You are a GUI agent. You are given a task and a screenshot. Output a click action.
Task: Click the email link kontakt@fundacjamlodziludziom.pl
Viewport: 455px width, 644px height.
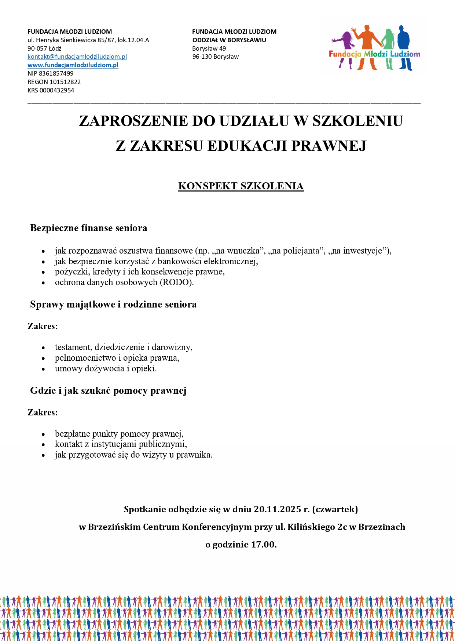pos(77,57)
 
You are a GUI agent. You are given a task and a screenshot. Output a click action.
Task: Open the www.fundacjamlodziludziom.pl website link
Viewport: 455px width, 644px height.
pos(73,65)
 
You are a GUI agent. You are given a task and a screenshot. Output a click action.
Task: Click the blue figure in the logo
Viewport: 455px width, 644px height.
pos(404,46)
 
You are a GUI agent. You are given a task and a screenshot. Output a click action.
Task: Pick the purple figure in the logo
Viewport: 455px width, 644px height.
pos(345,44)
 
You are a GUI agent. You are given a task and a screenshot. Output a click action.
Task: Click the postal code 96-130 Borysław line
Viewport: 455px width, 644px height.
pos(215,57)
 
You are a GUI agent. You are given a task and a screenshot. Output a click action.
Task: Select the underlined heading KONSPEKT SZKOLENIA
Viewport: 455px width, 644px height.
pos(241,186)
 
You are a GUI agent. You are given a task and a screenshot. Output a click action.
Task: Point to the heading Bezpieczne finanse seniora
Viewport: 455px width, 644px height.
pos(89,228)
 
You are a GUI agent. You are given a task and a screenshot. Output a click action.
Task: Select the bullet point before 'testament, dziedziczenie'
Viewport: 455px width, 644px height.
pos(43,348)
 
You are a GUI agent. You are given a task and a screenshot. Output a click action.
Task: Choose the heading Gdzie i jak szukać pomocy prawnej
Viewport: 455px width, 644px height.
pos(108,390)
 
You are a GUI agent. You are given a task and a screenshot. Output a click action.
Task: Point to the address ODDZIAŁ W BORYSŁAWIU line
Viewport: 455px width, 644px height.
pos(229,40)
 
